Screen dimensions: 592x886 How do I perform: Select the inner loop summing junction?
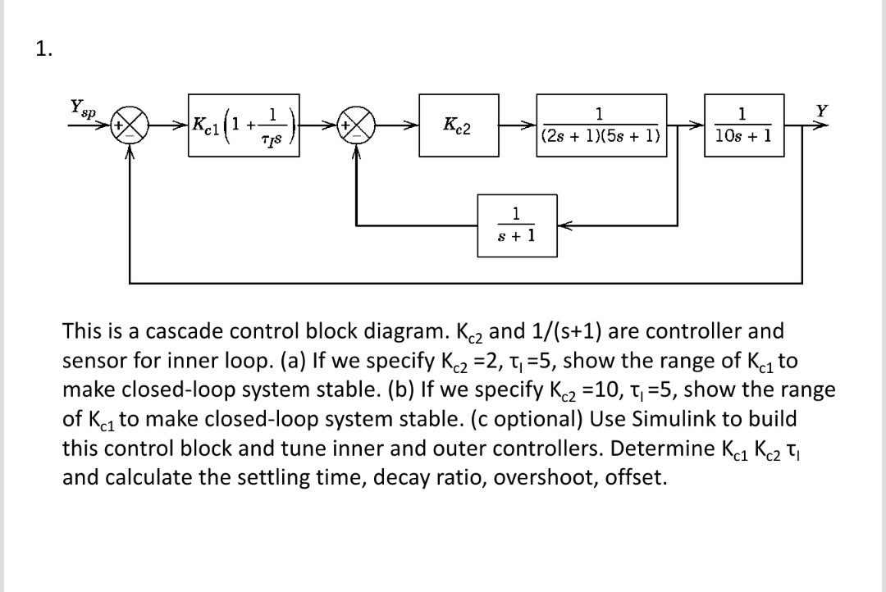[356, 125]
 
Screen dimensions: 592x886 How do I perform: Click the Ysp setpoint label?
[80, 107]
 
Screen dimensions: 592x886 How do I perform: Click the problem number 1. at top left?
[43, 48]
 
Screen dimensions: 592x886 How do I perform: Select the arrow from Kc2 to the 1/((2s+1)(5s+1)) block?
[518, 125]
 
